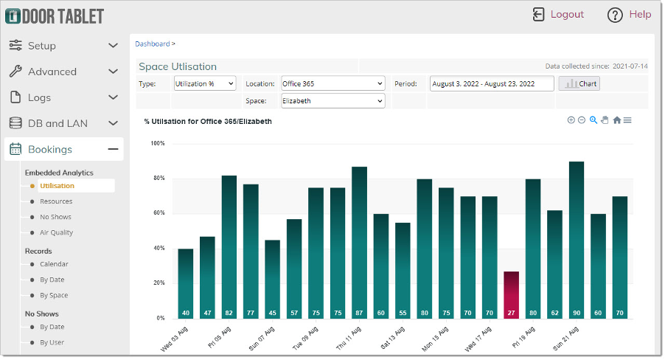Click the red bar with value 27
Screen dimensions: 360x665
point(511,295)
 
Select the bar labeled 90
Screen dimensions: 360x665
point(576,240)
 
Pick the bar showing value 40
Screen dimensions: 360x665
point(186,283)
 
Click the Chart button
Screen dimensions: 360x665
point(579,83)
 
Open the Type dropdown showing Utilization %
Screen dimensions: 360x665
point(205,83)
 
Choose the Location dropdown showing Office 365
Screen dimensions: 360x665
point(332,83)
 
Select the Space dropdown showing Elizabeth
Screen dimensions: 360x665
point(332,100)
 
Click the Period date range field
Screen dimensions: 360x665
point(492,83)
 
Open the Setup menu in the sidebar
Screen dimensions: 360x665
point(63,46)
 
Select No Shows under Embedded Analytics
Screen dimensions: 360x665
point(55,217)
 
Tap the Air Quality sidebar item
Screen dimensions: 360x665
point(56,232)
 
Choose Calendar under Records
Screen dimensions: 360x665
point(54,264)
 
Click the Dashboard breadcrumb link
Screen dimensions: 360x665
point(152,44)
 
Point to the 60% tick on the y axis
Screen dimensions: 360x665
point(158,213)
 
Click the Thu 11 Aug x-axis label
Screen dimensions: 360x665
point(347,336)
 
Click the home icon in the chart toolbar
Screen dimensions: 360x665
point(616,120)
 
